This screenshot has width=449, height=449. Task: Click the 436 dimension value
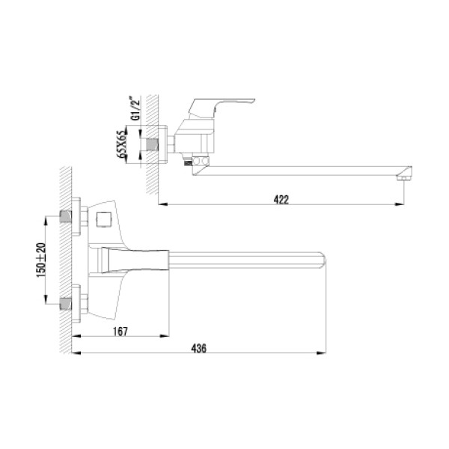click(x=198, y=349)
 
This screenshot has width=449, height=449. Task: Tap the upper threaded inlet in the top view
click(x=67, y=218)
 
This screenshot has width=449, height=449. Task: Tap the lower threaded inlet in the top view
click(x=67, y=305)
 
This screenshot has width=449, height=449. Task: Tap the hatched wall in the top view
click(x=64, y=262)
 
